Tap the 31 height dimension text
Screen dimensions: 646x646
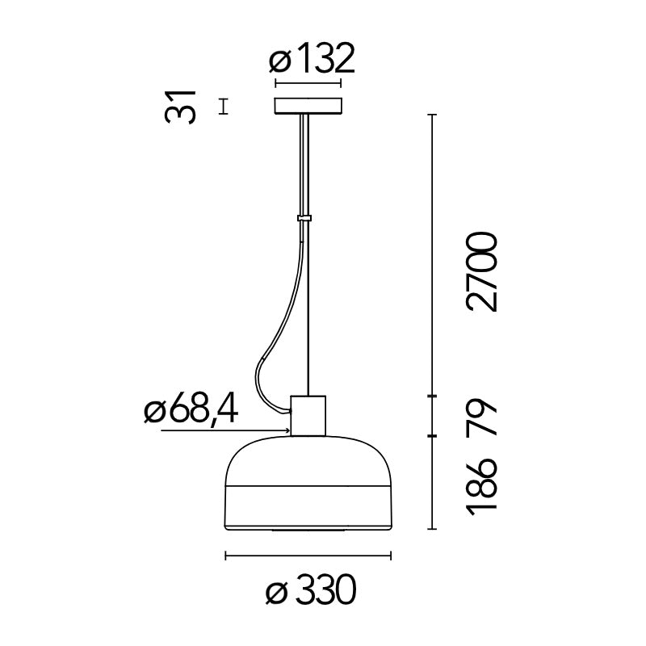[x=181, y=106]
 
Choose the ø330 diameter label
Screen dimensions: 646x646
[x=311, y=594]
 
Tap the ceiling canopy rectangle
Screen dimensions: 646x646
[x=308, y=107]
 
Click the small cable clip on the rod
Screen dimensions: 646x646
[x=304, y=218]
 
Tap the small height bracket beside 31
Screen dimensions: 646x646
[x=224, y=107]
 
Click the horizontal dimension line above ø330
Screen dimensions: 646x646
[x=308, y=556]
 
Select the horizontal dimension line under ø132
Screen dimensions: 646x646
[x=308, y=83]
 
